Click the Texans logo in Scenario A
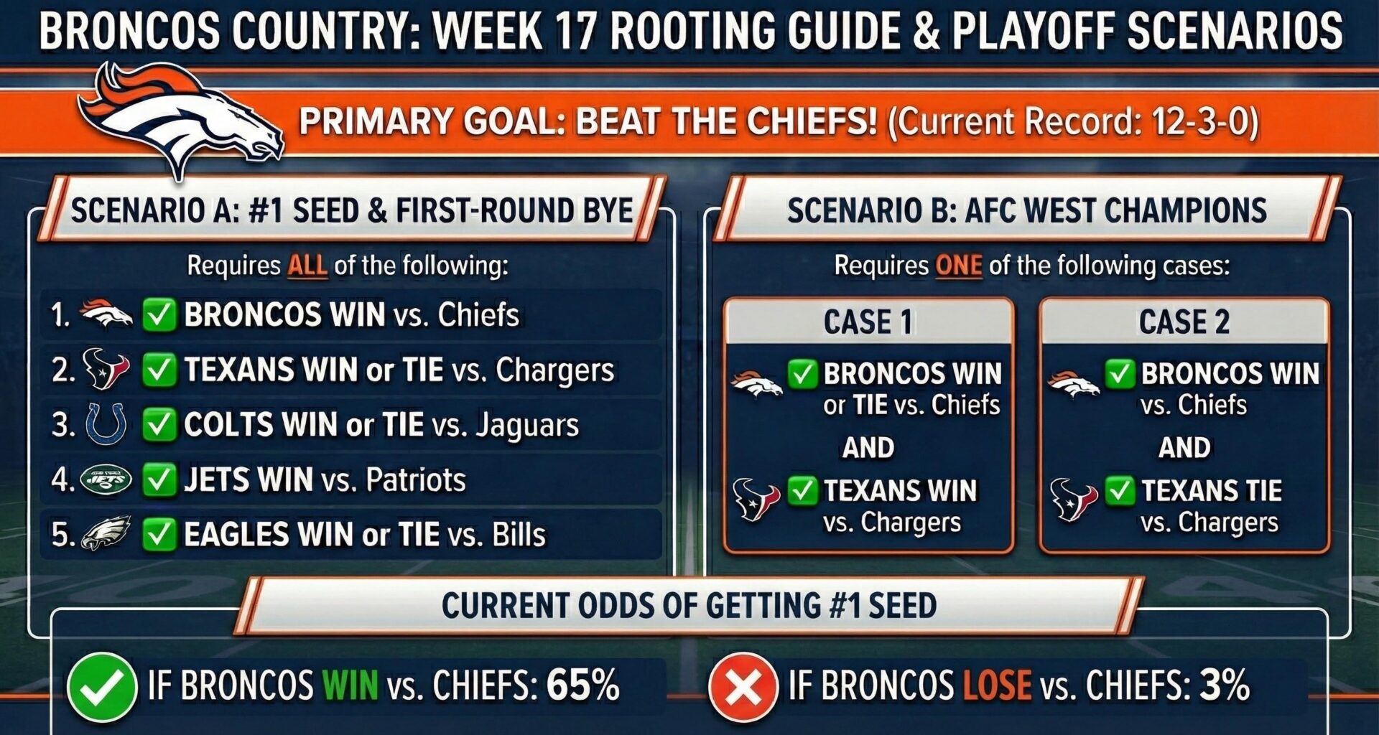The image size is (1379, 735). coord(106,368)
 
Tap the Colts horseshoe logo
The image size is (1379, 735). coord(106,423)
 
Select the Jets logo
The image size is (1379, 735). coord(106,479)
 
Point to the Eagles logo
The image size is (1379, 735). coord(106,533)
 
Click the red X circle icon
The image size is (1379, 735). coord(743,687)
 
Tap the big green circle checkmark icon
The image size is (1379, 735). coord(101,687)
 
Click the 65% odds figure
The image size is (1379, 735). coord(582,685)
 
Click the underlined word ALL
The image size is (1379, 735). coord(307,266)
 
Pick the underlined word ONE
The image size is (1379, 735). coord(958,266)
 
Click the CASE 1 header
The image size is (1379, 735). coord(868,321)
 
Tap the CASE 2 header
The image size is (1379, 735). coord(1184,321)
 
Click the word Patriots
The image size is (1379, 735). coord(416,479)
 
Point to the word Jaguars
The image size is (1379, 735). coord(527,425)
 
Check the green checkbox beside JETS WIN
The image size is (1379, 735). coord(159,479)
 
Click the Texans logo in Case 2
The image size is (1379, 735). coord(1073,499)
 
